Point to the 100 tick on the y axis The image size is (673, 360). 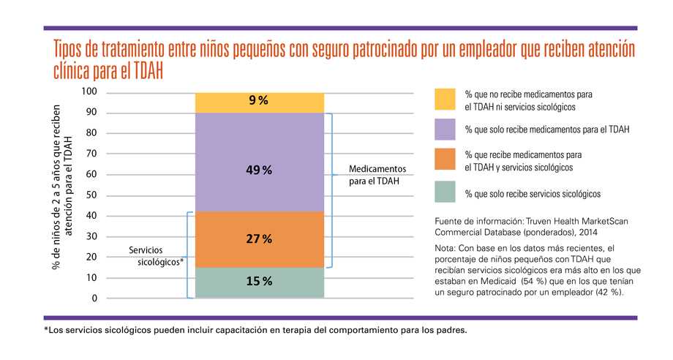point(89,91)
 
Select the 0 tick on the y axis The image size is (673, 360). point(95,299)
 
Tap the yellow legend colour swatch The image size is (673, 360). point(445,100)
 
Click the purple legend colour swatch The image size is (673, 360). point(445,130)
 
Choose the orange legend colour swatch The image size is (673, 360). point(445,161)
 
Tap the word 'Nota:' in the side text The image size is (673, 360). point(446,247)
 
